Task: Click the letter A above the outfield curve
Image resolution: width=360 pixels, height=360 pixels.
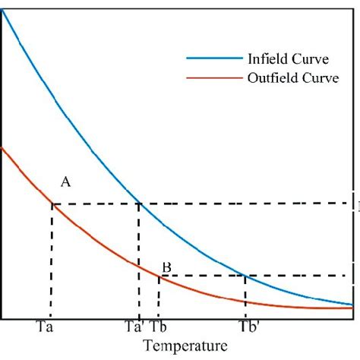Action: coord(66,182)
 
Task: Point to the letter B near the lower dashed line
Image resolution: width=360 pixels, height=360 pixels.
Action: coord(166,267)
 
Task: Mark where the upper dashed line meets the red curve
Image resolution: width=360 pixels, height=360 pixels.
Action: coord(52,204)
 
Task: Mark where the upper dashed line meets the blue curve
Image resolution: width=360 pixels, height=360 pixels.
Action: coord(139,204)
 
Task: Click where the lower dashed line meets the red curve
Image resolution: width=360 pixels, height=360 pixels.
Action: coord(158,276)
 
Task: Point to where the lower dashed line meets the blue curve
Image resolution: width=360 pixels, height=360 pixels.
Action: coord(245,276)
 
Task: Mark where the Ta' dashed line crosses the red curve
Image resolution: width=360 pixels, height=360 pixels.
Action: coord(139,267)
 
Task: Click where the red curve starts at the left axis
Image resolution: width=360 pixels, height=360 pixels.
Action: coord(3,148)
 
